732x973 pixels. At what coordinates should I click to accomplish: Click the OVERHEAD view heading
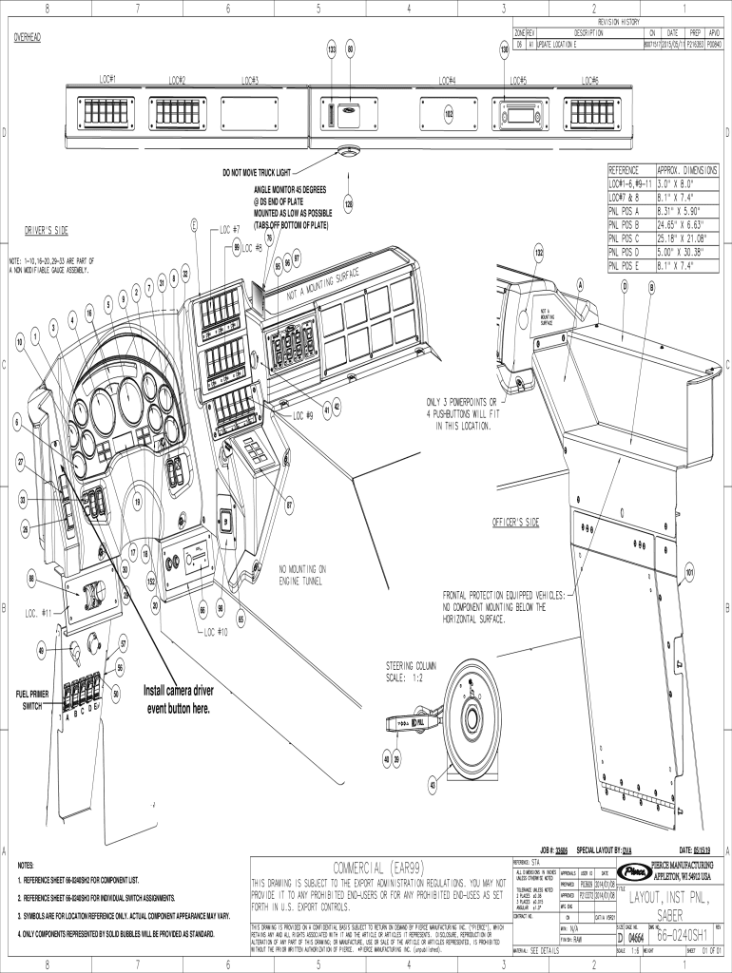point(31,38)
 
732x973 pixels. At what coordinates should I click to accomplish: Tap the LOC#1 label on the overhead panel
point(106,79)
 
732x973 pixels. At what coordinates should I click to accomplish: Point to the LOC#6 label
point(588,80)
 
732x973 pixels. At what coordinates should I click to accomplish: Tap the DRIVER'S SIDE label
point(46,231)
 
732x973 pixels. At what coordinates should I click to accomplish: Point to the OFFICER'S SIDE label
point(516,523)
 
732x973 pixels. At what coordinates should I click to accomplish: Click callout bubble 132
point(538,254)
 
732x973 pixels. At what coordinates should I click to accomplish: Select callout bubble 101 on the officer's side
point(689,573)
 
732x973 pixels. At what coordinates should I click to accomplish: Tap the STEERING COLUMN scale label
point(413,670)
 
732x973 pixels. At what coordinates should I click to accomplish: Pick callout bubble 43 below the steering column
point(433,785)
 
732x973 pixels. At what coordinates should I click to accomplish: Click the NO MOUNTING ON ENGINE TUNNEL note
point(301,574)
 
